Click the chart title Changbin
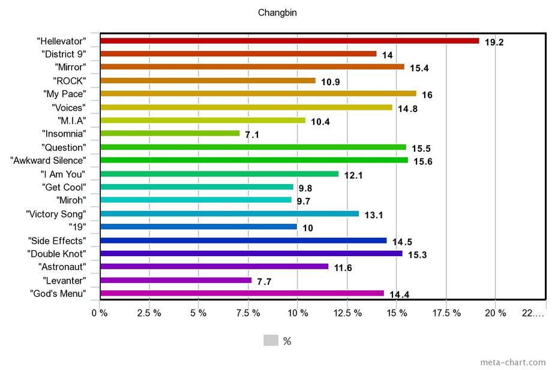277,13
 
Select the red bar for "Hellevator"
289,41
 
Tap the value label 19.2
495,43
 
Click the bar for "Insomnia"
170,133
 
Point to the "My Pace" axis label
65,94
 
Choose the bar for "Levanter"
176,280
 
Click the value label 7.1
252,136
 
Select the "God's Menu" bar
242,293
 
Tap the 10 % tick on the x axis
298,313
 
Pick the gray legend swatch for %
271,341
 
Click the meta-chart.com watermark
513,362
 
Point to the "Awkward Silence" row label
49,161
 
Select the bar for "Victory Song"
229,213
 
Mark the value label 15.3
418,255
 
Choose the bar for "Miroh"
196,200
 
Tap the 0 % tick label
100,313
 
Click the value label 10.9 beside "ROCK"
331,82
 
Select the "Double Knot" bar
251,254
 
